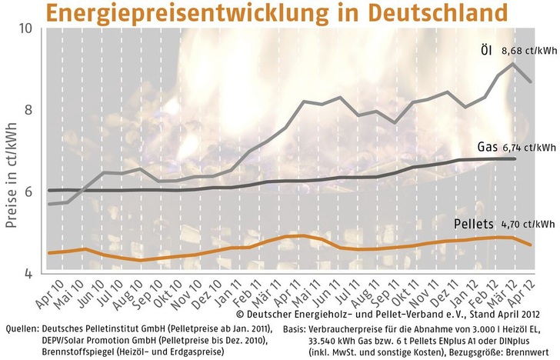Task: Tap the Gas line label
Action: tap(487, 147)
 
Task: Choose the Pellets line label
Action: tap(475, 225)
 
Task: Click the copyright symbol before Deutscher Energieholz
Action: tap(240, 315)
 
